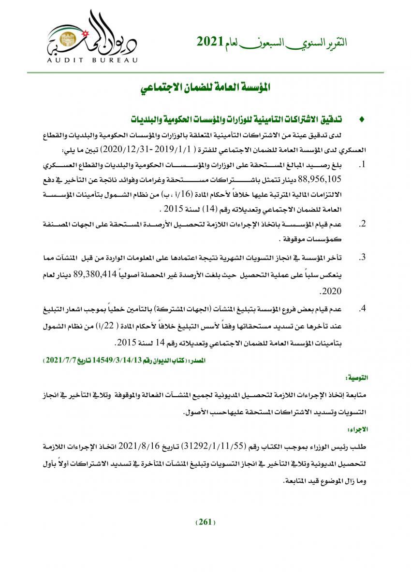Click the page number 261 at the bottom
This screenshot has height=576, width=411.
pyautogui.click(x=205, y=522)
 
